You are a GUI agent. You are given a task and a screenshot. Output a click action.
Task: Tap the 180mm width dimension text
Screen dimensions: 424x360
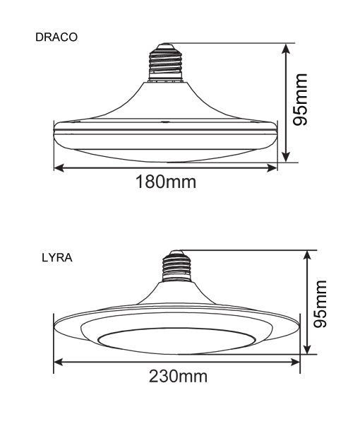coord(167,182)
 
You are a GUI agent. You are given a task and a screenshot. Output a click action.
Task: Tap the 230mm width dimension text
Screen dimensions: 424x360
coord(178,375)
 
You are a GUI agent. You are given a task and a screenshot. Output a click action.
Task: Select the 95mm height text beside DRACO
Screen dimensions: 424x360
coord(302,99)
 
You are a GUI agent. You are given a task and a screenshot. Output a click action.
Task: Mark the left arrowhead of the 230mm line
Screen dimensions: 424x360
coord(59,362)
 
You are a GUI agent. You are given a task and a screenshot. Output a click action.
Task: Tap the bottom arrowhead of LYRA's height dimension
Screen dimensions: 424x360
coord(307,351)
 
